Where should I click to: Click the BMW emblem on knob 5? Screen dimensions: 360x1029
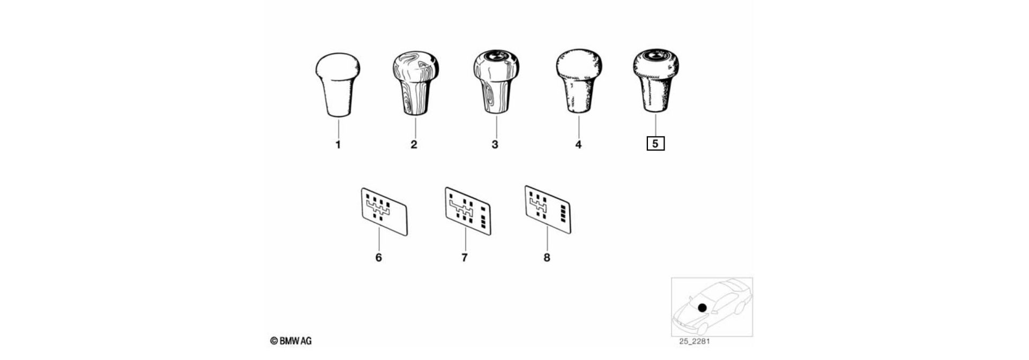[x=656, y=55]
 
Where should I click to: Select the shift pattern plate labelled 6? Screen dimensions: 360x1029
[x=384, y=211]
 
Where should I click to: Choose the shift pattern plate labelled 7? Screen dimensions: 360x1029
[x=468, y=211]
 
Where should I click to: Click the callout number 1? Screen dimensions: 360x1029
[x=338, y=145]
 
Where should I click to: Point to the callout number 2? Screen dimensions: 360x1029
[x=414, y=145]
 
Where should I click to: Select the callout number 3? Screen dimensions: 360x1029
[x=495, y=145]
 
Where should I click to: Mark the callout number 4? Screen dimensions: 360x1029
[x=578, y=145]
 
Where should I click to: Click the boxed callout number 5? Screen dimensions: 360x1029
[x=655, y=144]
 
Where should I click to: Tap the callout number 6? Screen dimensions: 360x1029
[x=378, y=258]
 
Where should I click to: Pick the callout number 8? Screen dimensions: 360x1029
[x=547, y=258]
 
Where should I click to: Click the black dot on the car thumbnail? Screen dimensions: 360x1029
[x=702, y=308]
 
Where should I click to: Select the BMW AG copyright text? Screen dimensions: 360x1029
[x=291, y=341]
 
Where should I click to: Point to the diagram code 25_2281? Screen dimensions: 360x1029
[x=695, y=341]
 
